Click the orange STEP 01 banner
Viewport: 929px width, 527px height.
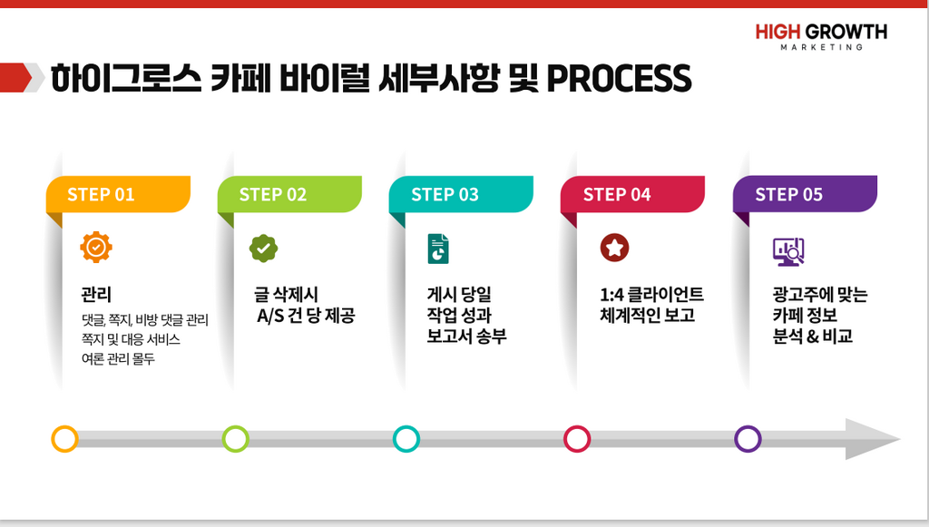coord(118,194)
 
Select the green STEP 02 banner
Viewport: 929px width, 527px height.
coord(289,194)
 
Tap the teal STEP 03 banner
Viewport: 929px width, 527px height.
coord(461,194)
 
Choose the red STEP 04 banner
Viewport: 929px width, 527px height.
coord(632,194)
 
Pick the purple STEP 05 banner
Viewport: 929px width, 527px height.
coord(806,194)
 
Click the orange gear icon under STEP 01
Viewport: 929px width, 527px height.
coord(96,247)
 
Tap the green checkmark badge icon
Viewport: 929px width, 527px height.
coord(264,249)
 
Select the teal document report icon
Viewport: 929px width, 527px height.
coord(438,249)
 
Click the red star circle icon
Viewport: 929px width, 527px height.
coord(614,248)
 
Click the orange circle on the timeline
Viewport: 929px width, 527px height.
coord(64,439)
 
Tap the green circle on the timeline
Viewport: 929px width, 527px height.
coord(235,439)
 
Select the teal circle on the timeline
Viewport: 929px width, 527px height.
coord(406,439)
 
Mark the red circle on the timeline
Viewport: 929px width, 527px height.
coord(576,439)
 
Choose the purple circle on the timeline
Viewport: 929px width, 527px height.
coord(748,439)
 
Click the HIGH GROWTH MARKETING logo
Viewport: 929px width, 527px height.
coord(821,36)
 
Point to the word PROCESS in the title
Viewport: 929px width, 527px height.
coord(619,78)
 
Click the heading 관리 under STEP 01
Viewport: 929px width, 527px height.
coord(96,294)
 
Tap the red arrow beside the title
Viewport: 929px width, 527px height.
coord(16,78)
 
